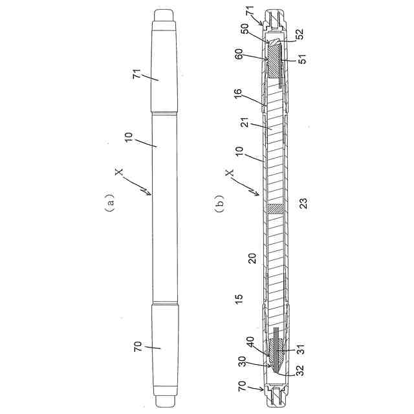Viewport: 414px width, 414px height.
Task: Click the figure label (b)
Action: tap(221, 202)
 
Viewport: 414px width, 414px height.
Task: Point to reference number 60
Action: tap(239, 54)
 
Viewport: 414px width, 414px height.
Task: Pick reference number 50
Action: tap(245, 29)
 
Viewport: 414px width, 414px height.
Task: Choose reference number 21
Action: tap(246, 122)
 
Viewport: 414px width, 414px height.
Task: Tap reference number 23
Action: tap(303, 203)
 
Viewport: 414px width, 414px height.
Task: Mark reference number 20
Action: tap(252, 258)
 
